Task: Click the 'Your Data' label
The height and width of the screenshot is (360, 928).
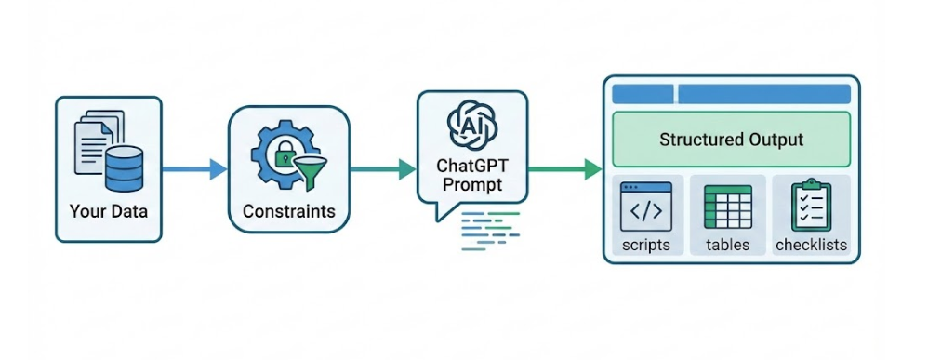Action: (108, 211)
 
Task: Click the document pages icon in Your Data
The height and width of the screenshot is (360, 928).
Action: (95, 140)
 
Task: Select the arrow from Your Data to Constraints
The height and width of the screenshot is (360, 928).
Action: (194, 169)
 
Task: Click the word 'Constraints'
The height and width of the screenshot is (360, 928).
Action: (288, 211)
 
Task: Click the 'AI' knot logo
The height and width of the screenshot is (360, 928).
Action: (470, 123)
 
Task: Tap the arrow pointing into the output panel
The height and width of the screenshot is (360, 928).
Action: (565, 169)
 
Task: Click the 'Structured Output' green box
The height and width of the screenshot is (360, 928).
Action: (731, 140)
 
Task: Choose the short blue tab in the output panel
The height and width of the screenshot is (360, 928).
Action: (643, 94)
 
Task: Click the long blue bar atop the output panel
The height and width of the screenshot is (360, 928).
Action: (763, 94)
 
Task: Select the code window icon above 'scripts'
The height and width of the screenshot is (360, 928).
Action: (646, 207)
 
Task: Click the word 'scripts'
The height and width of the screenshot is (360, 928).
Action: (646, 246)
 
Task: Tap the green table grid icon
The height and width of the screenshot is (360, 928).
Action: (728, 207)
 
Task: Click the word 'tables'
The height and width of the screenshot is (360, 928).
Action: (728, 246)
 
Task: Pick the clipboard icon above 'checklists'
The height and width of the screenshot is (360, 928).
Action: (810, 205)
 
